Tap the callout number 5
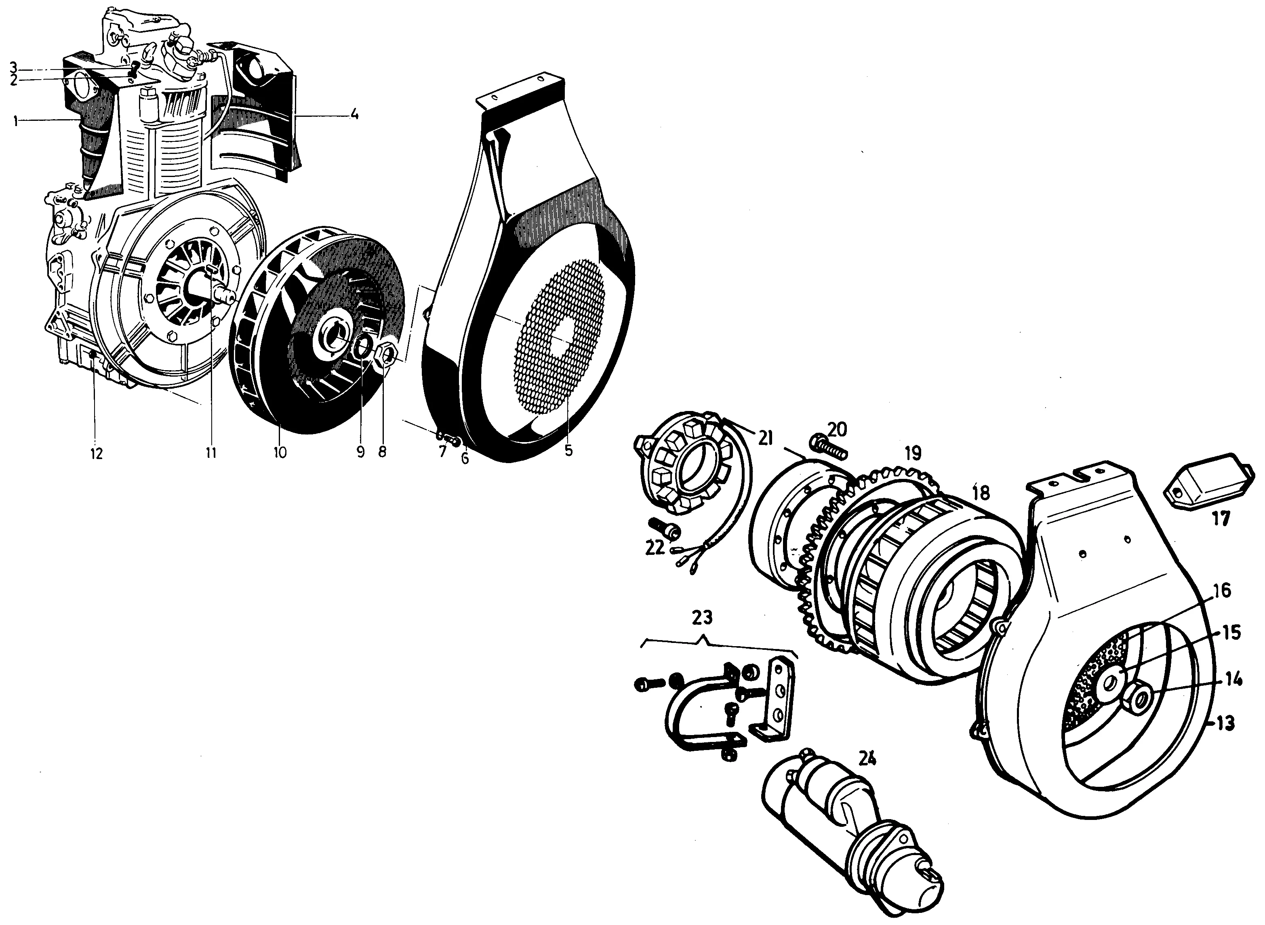click(569, 450)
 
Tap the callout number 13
click(1226, 724)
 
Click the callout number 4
click(354, 115)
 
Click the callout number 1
click(16, 121)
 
